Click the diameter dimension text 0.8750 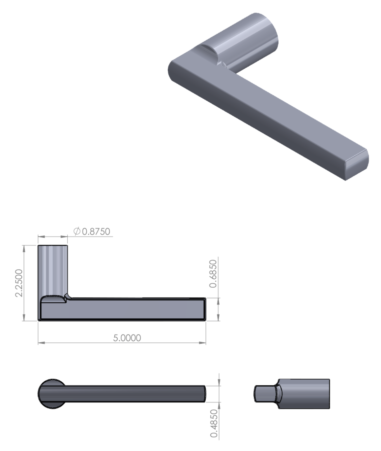(x=96, y=231)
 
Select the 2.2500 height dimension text (x=19, y=283)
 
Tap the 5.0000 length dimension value (x=127, y=338)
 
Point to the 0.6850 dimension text (x=213, y=274)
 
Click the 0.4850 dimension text (x=214, y=423)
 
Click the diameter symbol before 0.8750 (x=76, y=231)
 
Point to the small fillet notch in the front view (x=68, y=296)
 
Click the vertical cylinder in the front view (x=53, y=269)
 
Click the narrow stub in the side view (x=264, y=394)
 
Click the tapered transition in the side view (x=277, y=394)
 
